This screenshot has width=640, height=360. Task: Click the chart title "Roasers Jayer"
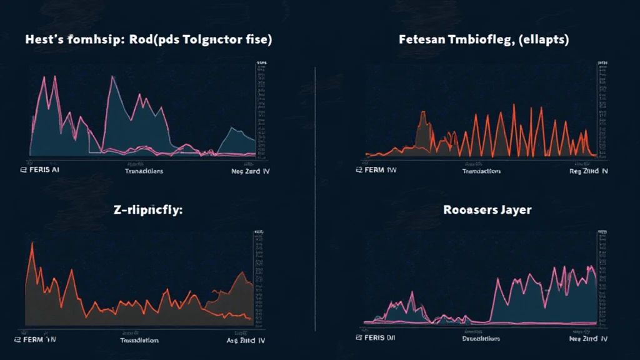[x=487, y=210]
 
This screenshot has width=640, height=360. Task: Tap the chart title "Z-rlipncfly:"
[x=147, y=210]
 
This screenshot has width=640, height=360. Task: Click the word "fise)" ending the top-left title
[x=256, y=39]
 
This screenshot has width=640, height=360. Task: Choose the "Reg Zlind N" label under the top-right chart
[x=588, y=171]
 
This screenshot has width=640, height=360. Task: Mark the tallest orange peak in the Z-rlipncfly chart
[x=31, y=243]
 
